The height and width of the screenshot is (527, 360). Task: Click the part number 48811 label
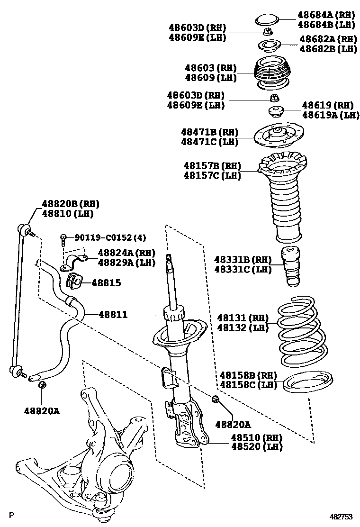pyautogui.click(x=113, y=314)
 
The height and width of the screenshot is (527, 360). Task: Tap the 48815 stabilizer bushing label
pyautogui.click(x=106, y=283)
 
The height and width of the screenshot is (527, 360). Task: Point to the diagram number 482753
pyautogui.click(x=341, y=517)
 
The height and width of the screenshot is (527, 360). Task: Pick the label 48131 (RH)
pyautogui.click(x=243, y=318)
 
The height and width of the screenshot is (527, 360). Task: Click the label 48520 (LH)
pyautogui.click(x=256, y=446)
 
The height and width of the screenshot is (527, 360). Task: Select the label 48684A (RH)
pyautogui.click(x=327, y=15)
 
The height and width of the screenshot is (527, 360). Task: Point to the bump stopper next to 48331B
pyautogui.click(x=291, y=267)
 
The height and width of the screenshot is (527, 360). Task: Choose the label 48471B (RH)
pyautogui.click(x=209, y=132)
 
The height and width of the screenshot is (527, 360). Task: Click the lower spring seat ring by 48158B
pyautogui.click(x=308, y=382)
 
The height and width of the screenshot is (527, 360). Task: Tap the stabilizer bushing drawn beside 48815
pyautogui.click(x=74, y=281)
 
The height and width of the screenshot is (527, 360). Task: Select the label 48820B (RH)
pyautogui.click(x=71, y=204)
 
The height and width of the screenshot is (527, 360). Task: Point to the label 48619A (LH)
pyautogui.click(x=331, y=114)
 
